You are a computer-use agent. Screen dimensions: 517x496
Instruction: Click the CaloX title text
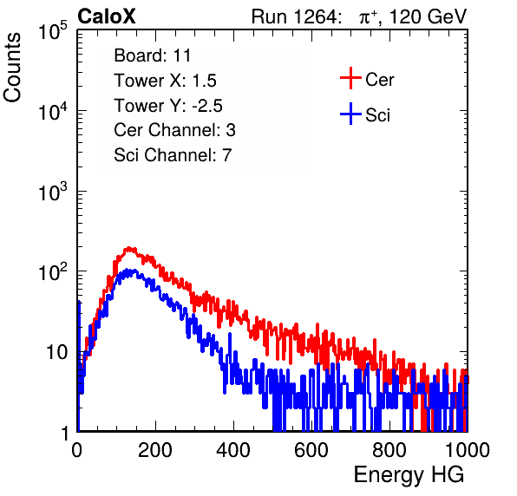pyautogui.click(x=107, y=16)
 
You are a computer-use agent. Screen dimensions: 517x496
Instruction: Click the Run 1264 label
pyautogui.click(x=294, y=16)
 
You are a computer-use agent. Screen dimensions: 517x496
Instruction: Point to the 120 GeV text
pyautogui.click(x=429, y=16)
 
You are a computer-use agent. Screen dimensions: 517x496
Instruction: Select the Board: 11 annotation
pyautogui.click(x=153, y=55)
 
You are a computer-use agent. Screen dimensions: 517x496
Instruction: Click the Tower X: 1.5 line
pyautogui.click(x=165, y=81)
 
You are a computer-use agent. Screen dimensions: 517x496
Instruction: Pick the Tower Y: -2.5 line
pyautogui.click(x=168, y=106)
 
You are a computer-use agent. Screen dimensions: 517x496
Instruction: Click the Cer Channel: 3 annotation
pyautogui.click(x=174, y=130)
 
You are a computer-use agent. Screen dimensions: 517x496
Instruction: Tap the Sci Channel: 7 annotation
pyautogui.click(x=173, y=155)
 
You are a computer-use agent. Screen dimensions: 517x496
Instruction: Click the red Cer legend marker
pyautogui.click(x=350, y=78)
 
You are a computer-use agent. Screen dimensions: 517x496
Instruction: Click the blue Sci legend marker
pyautogui.click(x=350, y=114)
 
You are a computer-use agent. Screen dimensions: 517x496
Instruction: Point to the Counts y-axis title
pyautogui.click(x=12, y=68)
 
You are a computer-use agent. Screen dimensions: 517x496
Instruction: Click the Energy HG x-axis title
pyautogui.click(x=409, y=474)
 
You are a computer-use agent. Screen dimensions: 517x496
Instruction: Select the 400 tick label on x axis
pyautogui.click(x=233, y=450)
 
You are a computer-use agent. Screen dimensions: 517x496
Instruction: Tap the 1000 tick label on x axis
pyautogui.click(x=468, y=450)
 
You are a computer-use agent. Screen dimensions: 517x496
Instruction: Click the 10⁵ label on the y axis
pyautogui.click(x=53, y=31)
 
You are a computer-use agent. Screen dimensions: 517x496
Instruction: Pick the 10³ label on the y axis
pyautogui.click(x=53, y=193)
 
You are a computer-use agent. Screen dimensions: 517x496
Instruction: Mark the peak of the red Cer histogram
pyautogui.click(x=129, y=248)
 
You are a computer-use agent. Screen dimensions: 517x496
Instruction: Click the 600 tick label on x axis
pyautogui.click(x=311, y=450)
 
